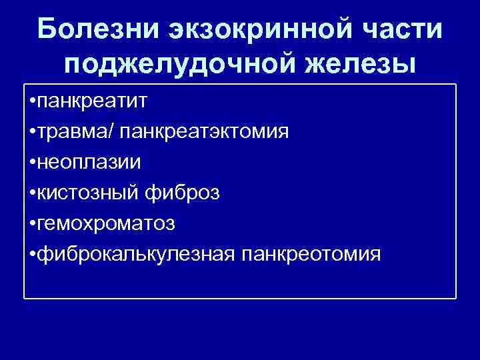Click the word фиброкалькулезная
(x=137, y=254)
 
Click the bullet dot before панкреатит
(x=33, y=103)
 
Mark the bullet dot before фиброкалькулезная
(x=33, y=255)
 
